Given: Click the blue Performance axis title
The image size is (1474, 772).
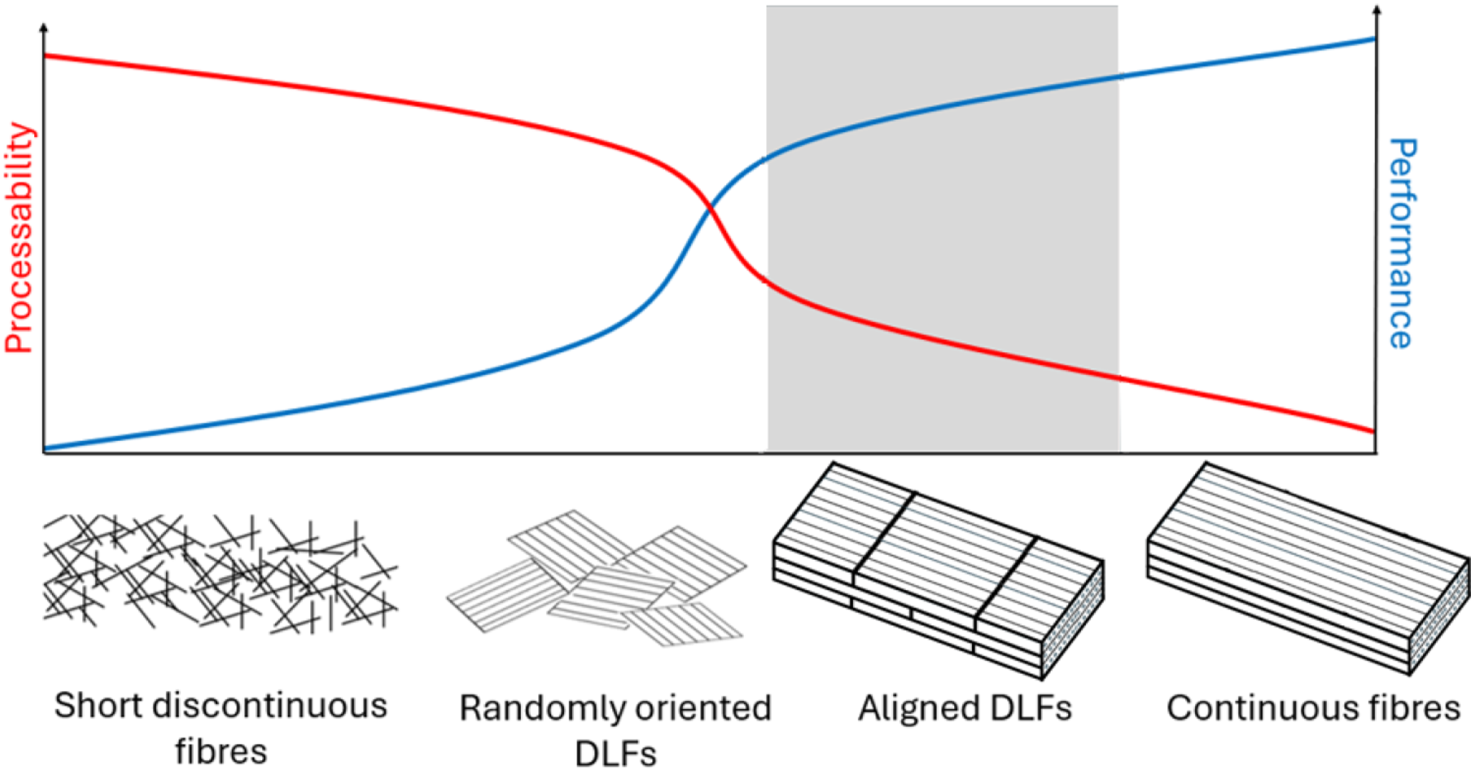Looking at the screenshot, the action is click(x=1402, y=243).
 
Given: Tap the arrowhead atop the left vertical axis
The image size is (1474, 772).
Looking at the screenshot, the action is click(x=44, y=27).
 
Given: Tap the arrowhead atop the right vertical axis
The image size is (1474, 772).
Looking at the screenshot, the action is click(x=1377, y=9).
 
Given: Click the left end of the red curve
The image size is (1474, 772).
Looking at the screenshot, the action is click(x=45, y=56).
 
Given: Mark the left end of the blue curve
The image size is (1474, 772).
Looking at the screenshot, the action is click(x=45, y=449).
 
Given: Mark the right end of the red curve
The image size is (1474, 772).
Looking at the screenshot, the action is click(x=1373, y=431).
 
